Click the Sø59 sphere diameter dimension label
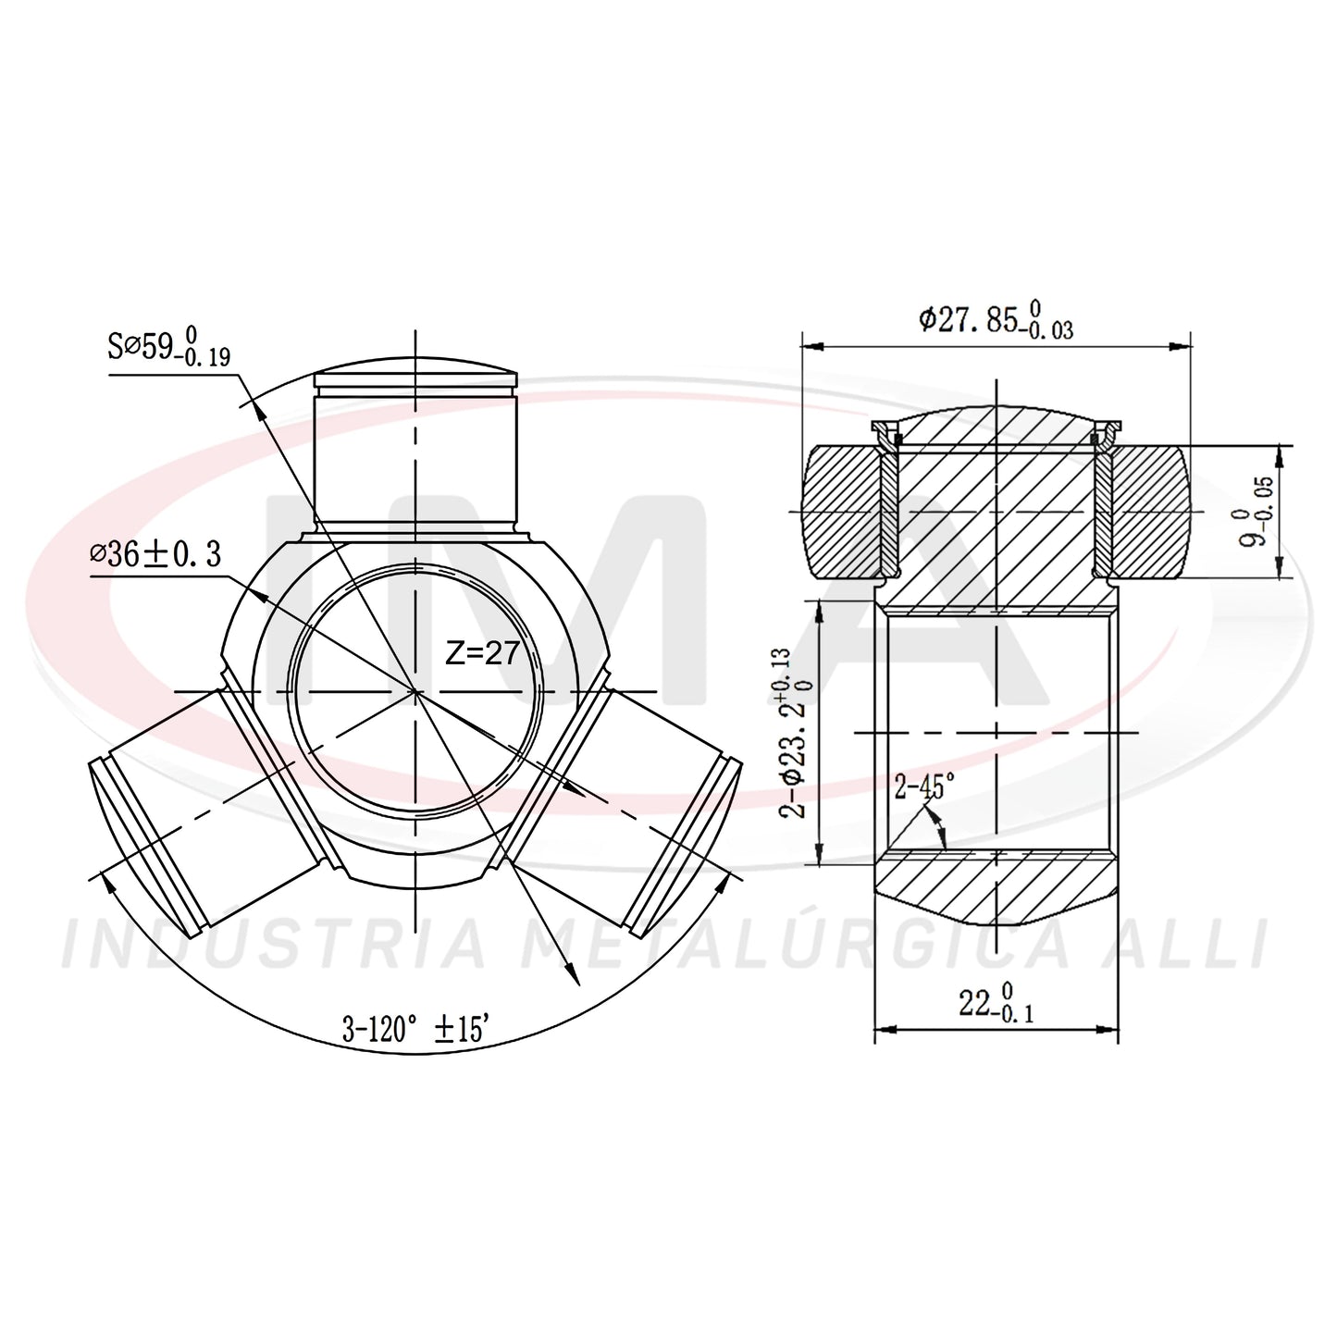[168, 345]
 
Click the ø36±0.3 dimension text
[155, 554]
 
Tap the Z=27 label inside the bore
[482, 653]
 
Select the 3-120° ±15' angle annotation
[416, 1029]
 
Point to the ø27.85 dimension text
[997, 320]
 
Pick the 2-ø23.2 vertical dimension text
[795, 734]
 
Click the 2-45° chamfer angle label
[924, 786]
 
